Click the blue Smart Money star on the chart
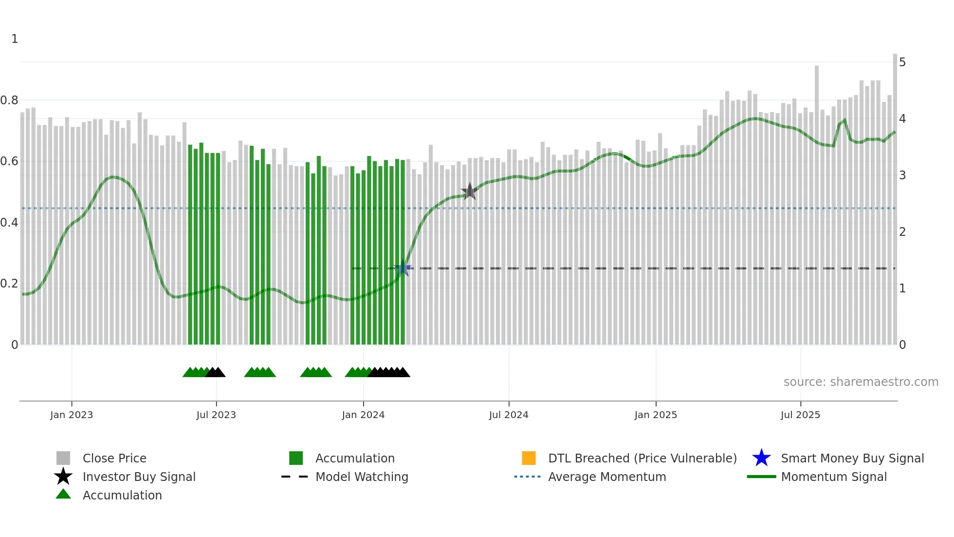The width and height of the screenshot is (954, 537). [403, 268]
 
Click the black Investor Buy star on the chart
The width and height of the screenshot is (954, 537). [470, 192]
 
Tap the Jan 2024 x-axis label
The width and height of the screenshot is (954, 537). [363, 415]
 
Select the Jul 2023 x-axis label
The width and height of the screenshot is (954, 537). [216, 415]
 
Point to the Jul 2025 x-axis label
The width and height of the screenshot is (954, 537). [800, 415]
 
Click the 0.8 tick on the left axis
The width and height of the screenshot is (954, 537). [9, 100]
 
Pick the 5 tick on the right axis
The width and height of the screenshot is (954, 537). [902, 62]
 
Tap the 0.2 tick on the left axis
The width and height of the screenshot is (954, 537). [9, 284]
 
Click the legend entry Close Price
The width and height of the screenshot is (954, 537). [114, 458]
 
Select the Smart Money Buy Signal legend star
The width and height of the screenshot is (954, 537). [761, 458]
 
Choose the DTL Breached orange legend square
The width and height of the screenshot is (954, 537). [529, 458]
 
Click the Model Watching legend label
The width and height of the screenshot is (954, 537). [362, 477]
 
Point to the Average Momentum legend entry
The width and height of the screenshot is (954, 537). [607, 477]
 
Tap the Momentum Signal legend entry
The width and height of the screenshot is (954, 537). [834, 477]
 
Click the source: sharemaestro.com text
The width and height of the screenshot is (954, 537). [861, 382]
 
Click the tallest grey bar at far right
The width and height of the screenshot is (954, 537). [895, 195]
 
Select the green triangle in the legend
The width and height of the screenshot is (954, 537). [63, 494]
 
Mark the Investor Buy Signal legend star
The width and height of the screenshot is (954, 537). [63, 477]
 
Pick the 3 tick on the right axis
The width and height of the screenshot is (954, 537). [902, 175]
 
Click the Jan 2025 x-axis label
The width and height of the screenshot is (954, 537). [656, 415]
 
